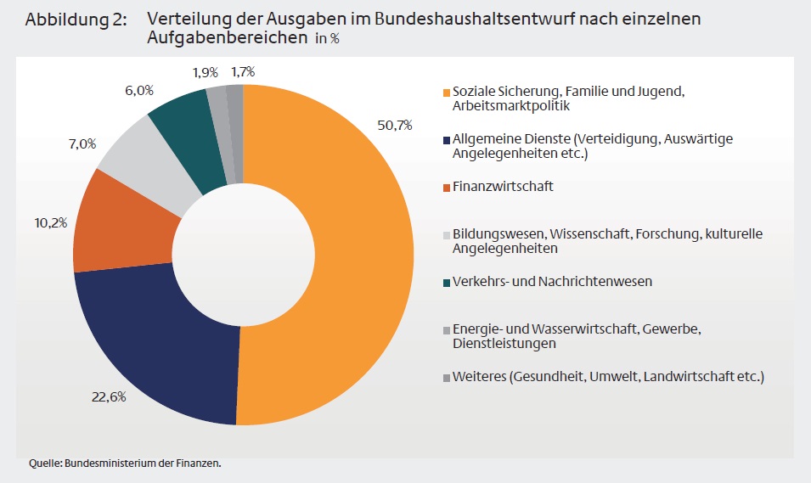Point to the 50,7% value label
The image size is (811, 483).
point(394,125)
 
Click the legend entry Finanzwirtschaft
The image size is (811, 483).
point(503,186)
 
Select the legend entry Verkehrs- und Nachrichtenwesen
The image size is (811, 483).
point(552,281)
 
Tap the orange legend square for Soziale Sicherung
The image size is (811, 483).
point(446,92)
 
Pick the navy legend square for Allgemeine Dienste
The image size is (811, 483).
point(446,139)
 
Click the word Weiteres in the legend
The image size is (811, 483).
point(478,376)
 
